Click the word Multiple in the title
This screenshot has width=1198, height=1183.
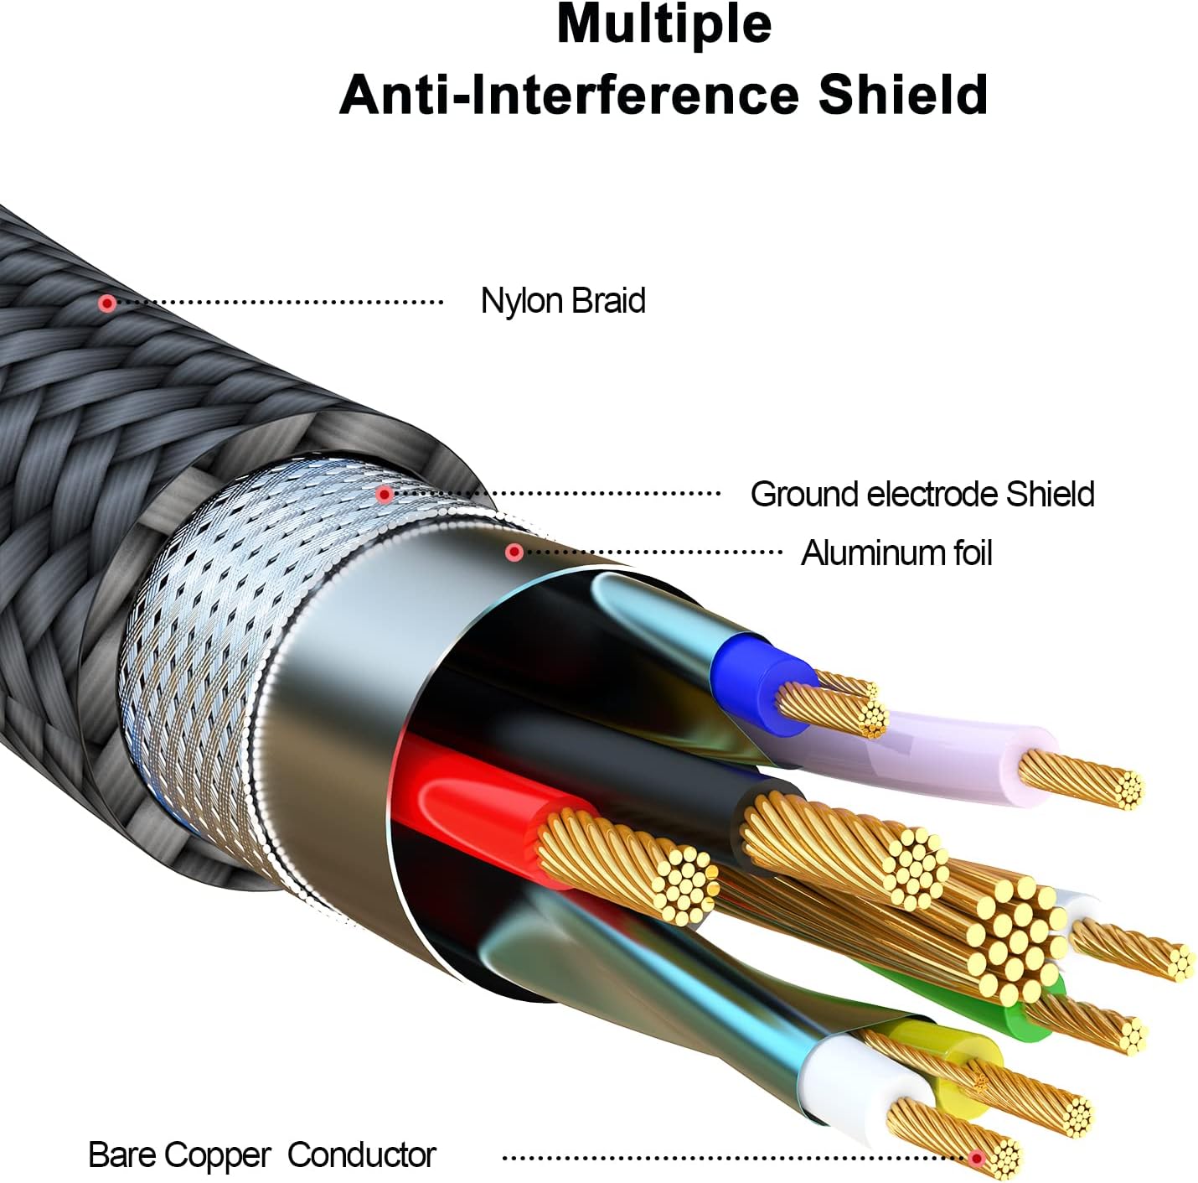point(664,26)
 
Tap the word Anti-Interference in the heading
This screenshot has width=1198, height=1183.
point(568,95)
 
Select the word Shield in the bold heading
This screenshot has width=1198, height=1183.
point(903,95)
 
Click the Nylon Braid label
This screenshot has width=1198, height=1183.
point(563,301)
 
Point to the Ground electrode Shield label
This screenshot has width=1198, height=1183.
point(922,494)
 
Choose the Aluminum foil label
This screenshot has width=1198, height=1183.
point(896,553)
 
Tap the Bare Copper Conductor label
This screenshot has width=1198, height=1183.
point(261,1155)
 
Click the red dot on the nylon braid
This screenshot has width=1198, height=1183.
point(107,303)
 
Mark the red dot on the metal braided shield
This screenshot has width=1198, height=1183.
point(385,495)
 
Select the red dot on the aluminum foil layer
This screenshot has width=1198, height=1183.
point(514,552)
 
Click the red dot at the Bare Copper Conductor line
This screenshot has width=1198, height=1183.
point(977,1158)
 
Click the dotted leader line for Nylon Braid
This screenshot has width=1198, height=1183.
point(279,303)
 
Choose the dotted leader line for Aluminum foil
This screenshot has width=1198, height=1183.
point(652,552)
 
